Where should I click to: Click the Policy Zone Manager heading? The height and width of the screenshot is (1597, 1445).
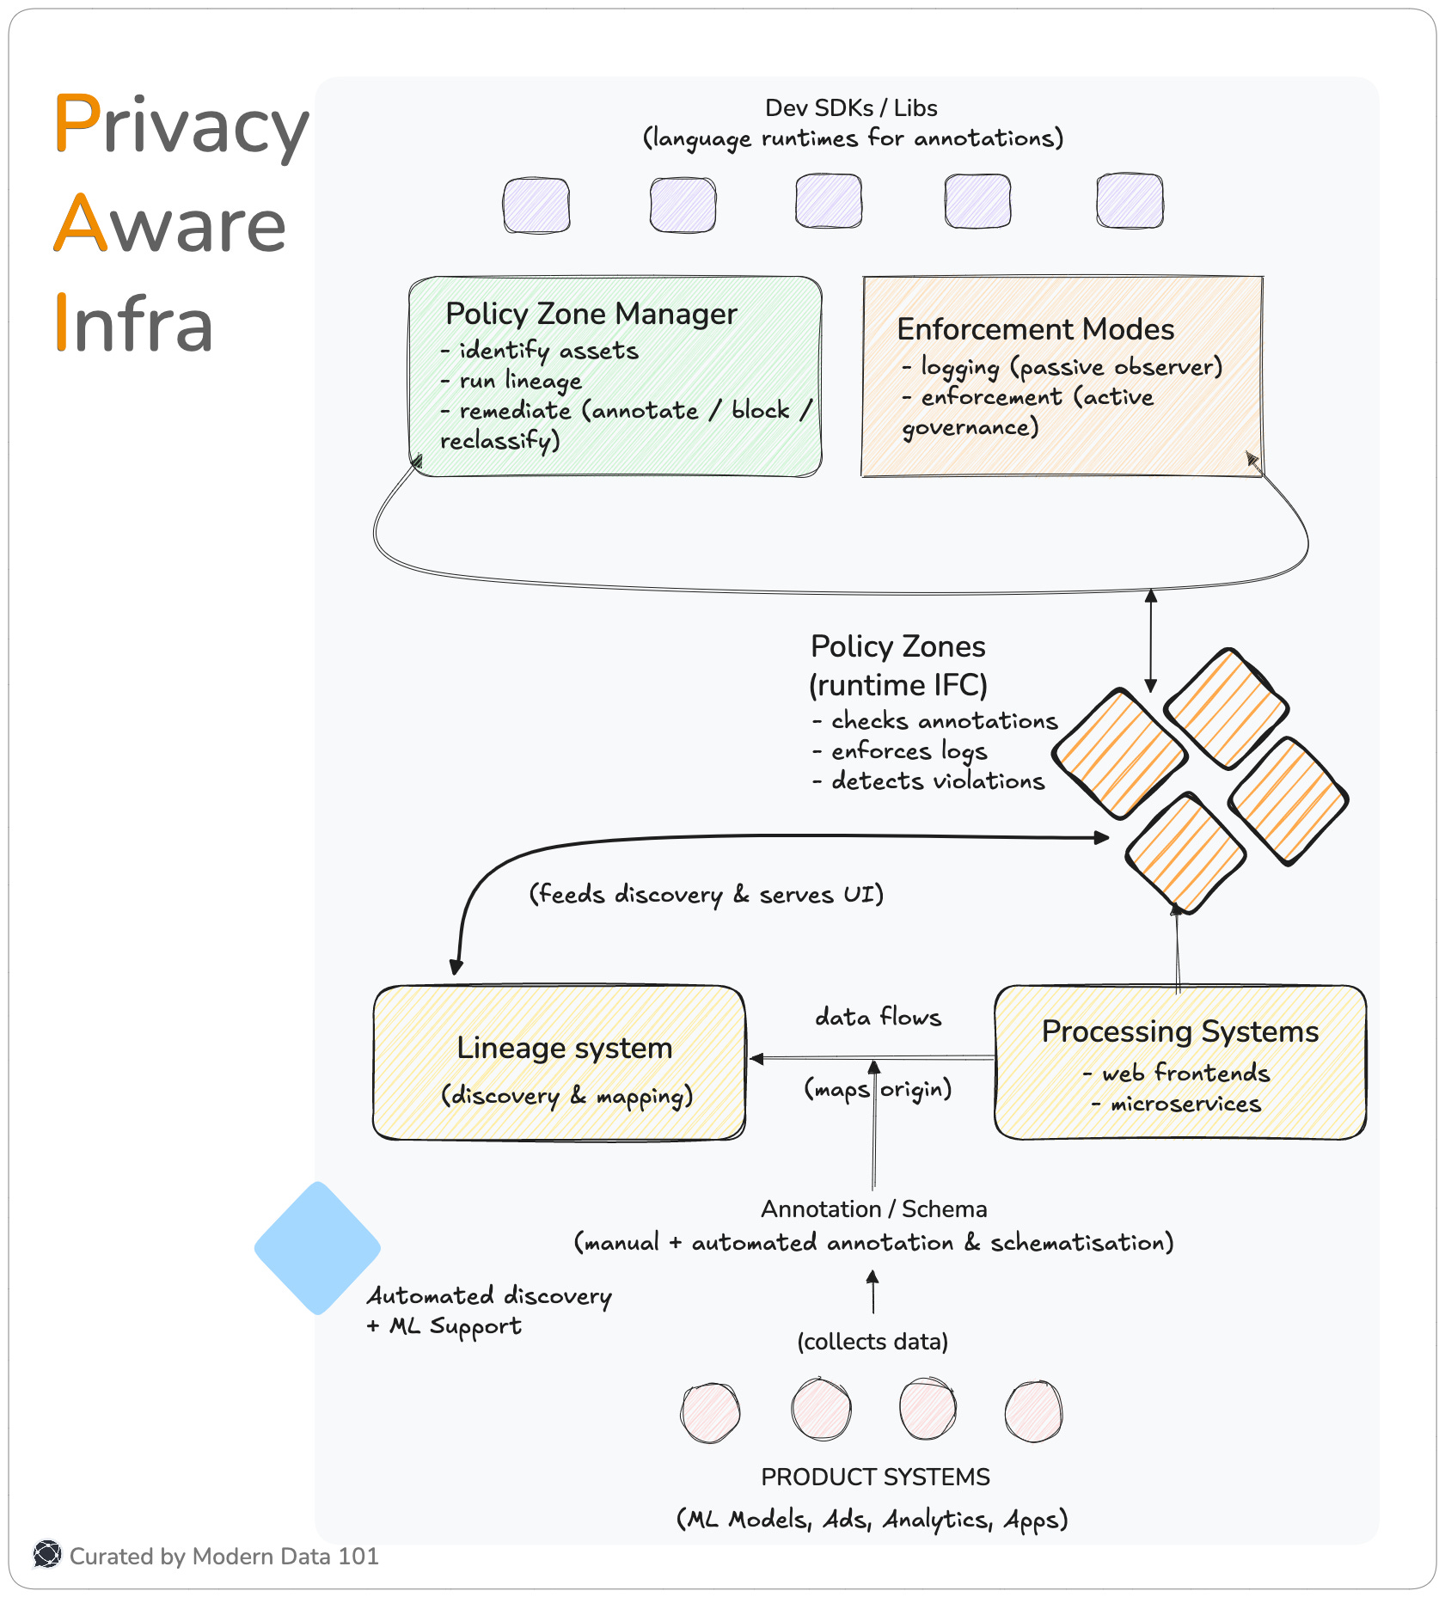(x=591, y=315)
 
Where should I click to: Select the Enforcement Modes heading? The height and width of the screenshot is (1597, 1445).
(x=1035, y=330)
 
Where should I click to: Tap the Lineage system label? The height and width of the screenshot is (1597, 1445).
(x=564, y=1049)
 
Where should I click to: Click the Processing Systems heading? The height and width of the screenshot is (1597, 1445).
(x=1179, y=1032)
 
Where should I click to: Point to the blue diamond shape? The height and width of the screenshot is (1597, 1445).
(x=317, y=1247)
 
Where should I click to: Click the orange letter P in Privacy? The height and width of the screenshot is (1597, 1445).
(x=77, y=125)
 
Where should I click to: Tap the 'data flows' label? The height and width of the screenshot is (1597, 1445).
(x=878, y=1018)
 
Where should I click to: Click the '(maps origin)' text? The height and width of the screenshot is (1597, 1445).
(x=878, y=1090)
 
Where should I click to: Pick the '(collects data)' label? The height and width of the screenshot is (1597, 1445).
(x=873, y=1342)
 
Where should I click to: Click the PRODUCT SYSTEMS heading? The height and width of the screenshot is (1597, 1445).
(x=875, y=1477)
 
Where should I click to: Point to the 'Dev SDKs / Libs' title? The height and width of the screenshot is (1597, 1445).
(x=851, y=108)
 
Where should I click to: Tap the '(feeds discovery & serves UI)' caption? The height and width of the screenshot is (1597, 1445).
(x=706, y=895)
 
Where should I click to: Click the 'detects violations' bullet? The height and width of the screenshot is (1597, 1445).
(x=937, y=781)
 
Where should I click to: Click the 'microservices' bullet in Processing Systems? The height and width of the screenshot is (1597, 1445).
(x=1185, y=1104)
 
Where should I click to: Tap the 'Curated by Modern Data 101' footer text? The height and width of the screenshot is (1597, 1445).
(x=223, y=1557)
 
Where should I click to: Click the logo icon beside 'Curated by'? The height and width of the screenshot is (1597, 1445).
(x=47, y=1555)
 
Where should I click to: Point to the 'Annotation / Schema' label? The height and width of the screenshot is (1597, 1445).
(x=873, y=1209)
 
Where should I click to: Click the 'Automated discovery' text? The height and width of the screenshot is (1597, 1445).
(x=489, y=1296)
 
